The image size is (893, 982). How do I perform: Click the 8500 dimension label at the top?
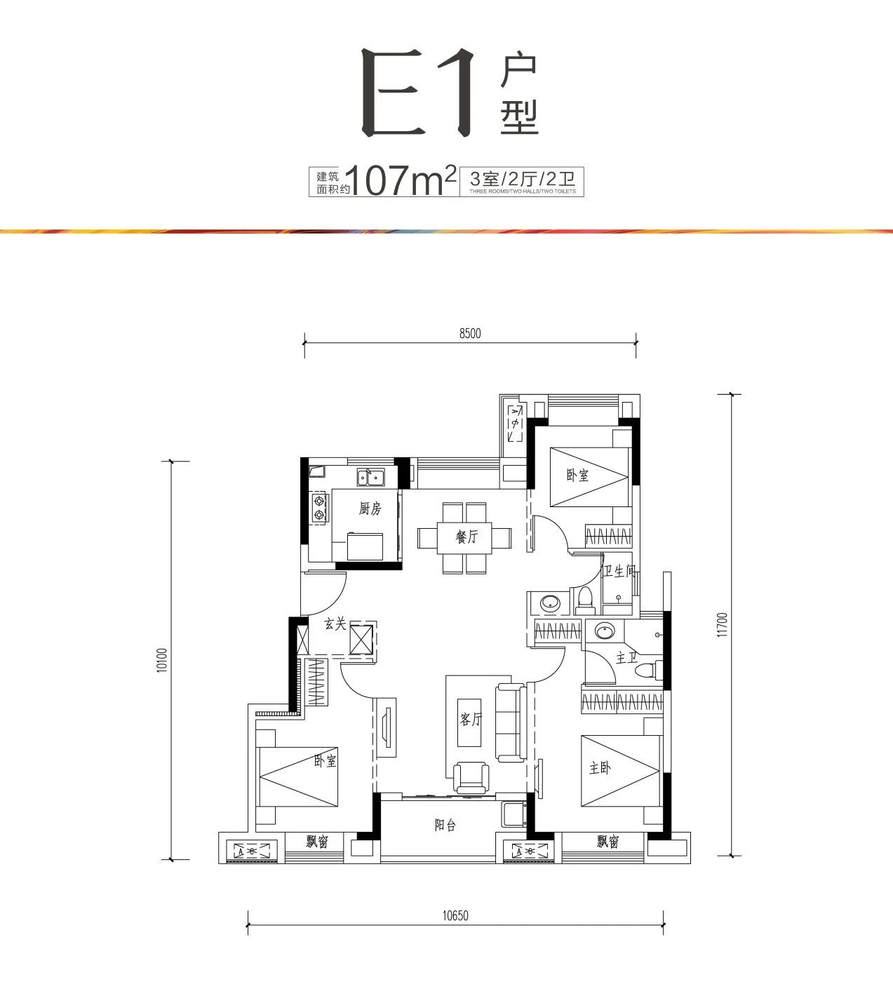coord(470,333)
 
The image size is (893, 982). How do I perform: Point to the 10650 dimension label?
coord(455,915)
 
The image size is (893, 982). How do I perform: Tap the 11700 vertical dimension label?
coord(723,625)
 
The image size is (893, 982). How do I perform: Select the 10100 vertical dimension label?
coord(162,660)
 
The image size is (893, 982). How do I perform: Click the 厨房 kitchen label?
coord(370,509)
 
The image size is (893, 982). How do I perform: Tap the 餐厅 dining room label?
coord(467,537)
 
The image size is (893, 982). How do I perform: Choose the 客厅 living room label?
coord(471,720)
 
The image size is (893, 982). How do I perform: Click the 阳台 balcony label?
coord(445,825)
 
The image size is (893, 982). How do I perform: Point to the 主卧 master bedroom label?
coord(600,768)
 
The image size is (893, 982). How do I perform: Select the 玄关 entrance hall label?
coord(335,624)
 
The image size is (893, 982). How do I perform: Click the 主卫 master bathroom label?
coord(626,657)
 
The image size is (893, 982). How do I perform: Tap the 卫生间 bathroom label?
coord(619,571)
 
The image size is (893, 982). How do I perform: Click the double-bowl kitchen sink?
coord(370,478)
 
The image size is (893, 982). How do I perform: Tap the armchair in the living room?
coord(471,778)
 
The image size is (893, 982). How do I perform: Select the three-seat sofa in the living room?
coord(511,722)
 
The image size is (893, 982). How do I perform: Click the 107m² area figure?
coord(401,181)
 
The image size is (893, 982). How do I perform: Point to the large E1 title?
coord(419,92)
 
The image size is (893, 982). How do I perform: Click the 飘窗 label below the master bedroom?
coord(608,841)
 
